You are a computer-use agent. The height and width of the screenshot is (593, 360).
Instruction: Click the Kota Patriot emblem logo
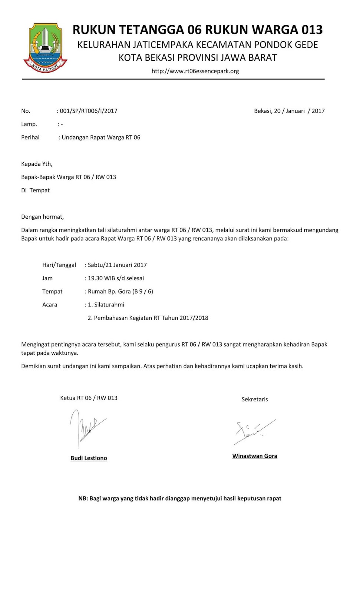(45, 48)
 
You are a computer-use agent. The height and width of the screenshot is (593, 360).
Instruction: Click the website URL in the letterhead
(195, 71)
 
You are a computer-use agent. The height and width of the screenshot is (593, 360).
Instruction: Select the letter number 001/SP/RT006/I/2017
(89, 111)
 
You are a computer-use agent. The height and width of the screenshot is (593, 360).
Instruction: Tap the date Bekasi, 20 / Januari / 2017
(289, 111)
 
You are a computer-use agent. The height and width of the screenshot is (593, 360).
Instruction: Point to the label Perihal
(30, 138)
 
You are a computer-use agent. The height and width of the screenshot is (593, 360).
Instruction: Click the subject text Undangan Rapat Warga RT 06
(101, 138)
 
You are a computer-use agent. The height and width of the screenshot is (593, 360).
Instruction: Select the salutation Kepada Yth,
(37, 164)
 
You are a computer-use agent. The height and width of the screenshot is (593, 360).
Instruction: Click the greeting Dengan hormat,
(42, 217)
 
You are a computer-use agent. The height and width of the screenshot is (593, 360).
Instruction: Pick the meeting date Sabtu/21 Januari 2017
(117, 265)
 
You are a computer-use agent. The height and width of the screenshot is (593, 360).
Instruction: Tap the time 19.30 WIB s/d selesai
(116, 278)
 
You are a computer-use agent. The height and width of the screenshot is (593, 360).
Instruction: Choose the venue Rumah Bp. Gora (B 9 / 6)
(120, 291)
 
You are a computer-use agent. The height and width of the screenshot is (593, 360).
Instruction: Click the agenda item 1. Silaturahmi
(106, 305)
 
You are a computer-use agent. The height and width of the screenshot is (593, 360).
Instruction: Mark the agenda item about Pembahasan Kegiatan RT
(148, 318)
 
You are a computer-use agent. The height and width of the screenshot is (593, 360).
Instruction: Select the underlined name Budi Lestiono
(89, 458)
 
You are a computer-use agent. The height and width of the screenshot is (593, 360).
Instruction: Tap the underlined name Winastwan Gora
(255, 456)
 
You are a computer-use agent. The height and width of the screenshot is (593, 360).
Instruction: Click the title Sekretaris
(255, 400)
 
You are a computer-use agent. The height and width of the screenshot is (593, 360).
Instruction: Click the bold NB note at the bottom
(180, 498)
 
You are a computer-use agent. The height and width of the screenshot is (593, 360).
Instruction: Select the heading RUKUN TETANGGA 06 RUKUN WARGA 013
(198, 30)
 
